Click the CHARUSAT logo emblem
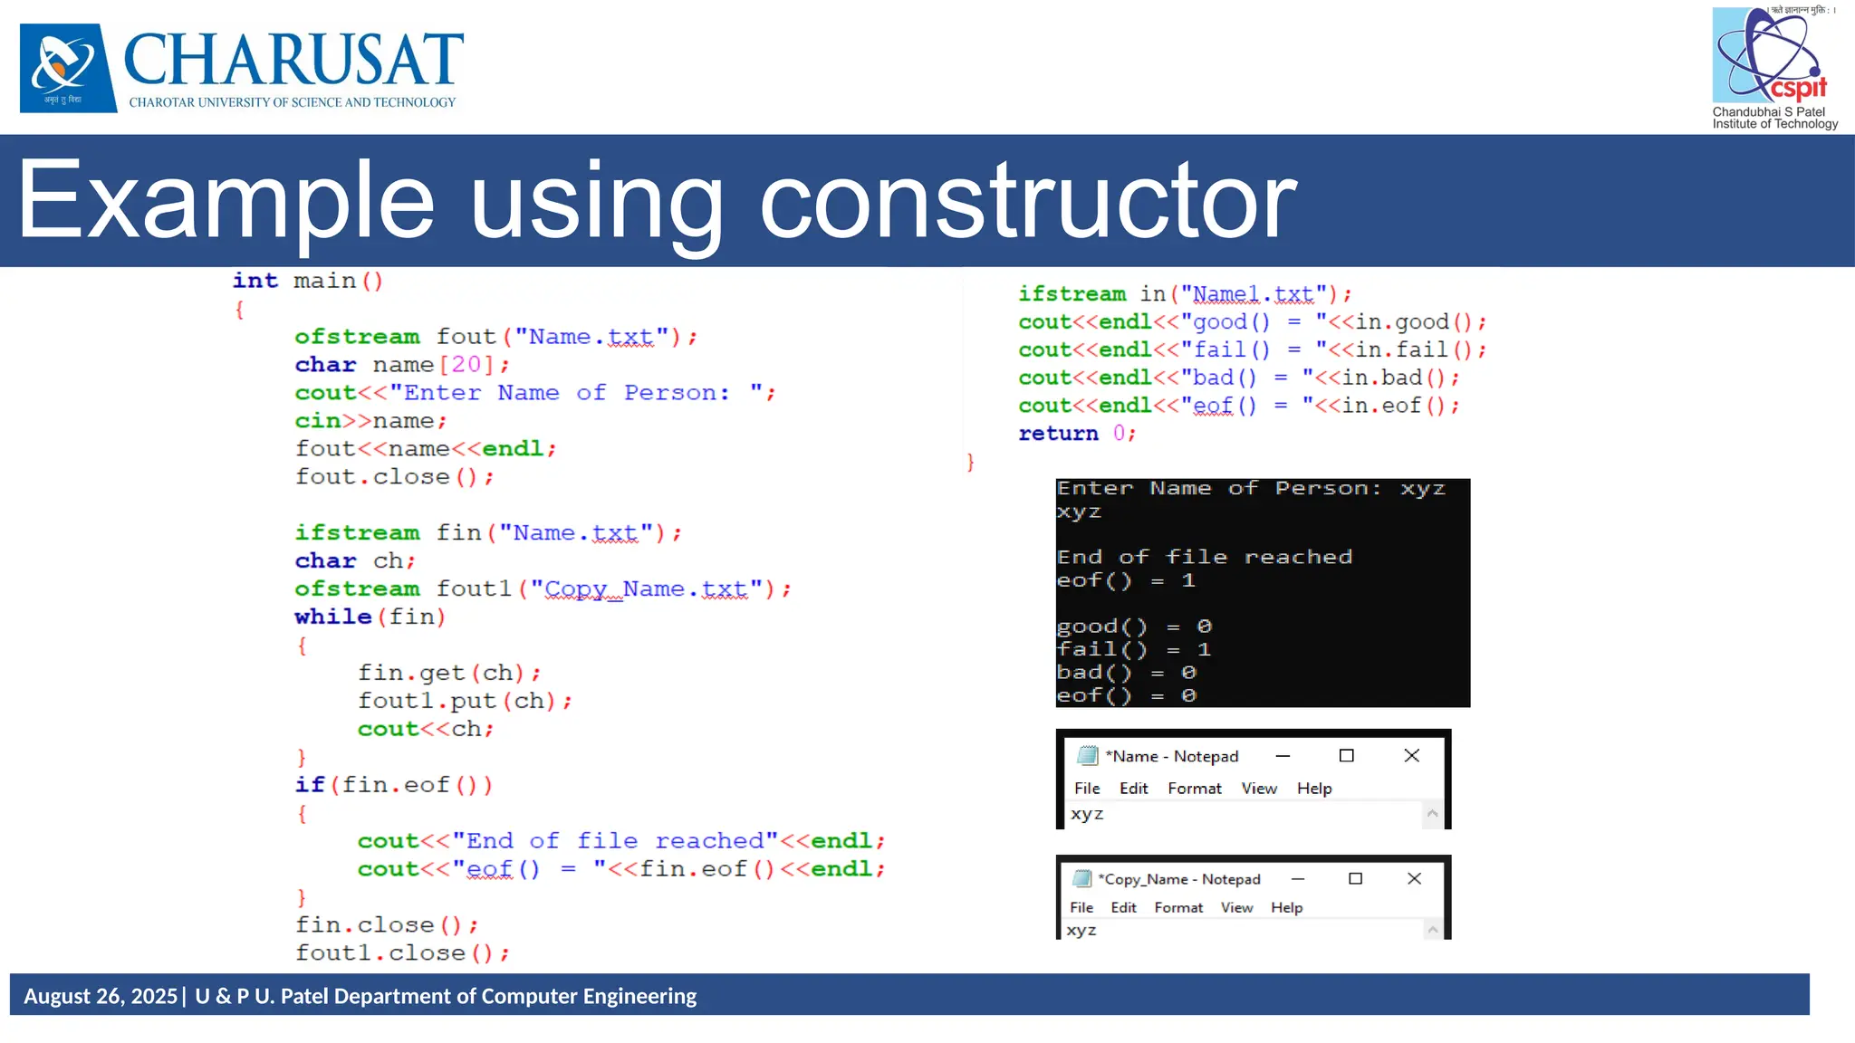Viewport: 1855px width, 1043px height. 68,68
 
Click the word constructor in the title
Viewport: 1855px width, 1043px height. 1028,201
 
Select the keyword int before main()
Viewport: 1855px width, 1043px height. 255,281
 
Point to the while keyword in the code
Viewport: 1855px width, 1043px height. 332,617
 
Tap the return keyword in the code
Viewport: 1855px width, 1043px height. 1058,434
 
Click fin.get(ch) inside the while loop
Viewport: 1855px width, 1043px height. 441,673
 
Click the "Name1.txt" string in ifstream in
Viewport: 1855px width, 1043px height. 1254,294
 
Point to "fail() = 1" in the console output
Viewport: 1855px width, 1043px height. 1133,649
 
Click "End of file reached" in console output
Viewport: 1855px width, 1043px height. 1204,557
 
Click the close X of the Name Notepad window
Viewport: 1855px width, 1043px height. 1411,756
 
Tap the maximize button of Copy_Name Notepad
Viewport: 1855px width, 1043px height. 1355,879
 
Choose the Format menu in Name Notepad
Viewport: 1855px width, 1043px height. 1194,789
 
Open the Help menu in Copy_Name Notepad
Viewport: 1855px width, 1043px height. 1286,907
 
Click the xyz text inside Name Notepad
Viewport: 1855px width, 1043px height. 1087,814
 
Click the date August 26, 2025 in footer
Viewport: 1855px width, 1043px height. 101,996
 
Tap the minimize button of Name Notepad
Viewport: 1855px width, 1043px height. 1283,756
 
